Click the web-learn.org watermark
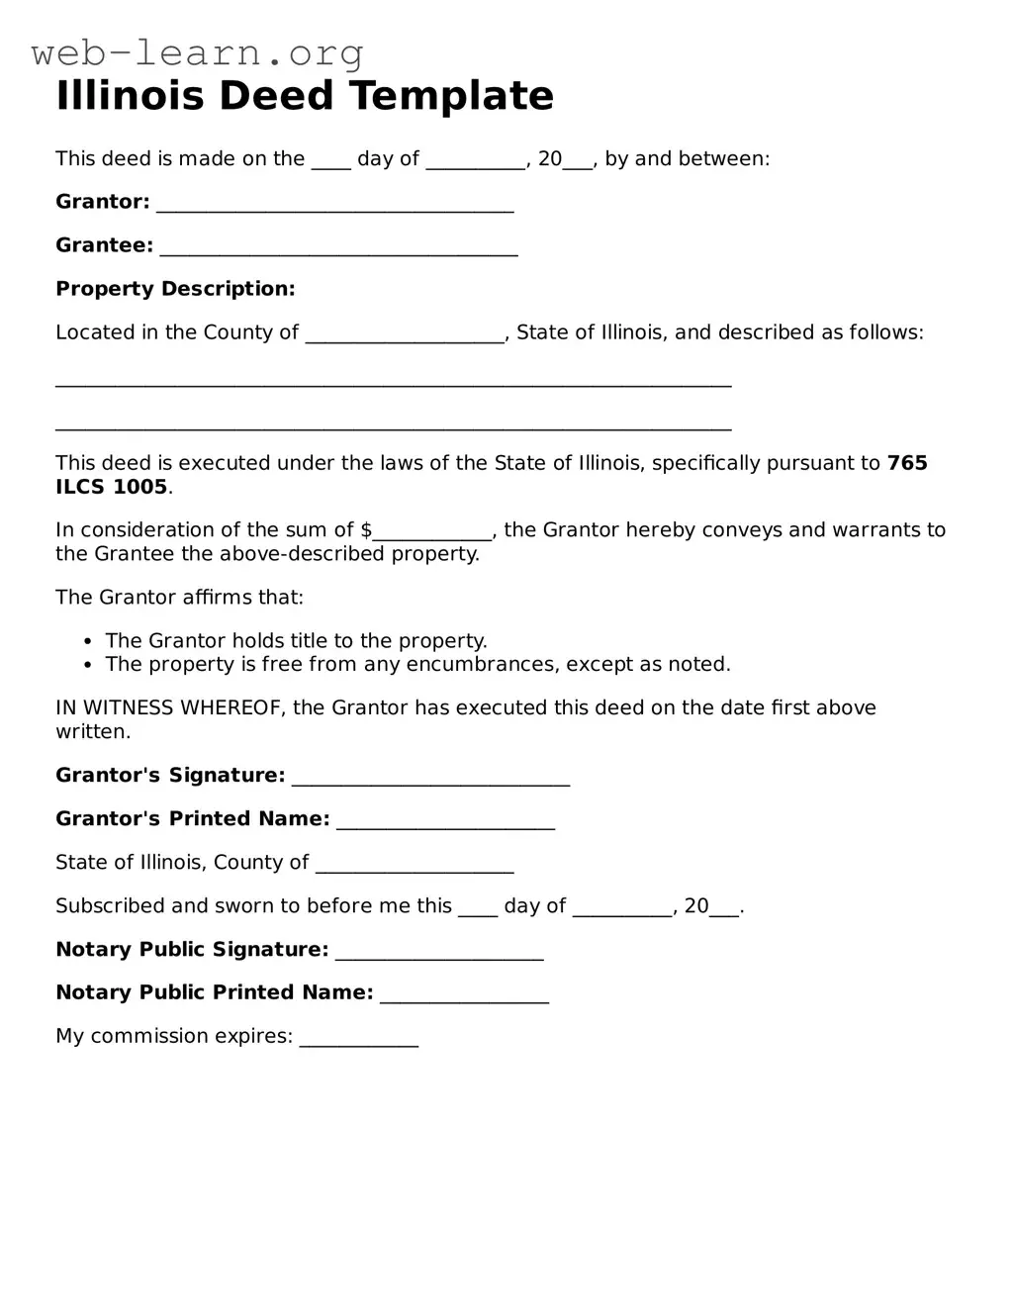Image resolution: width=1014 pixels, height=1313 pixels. [198, 52]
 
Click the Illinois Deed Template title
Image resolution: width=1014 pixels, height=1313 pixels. [305, 96]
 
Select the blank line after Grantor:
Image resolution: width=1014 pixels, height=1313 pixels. [335, 204]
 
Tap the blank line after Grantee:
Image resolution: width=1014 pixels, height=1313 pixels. [338, 247]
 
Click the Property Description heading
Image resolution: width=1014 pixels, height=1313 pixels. [175, 289]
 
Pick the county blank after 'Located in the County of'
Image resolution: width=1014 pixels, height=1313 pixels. [406, 335]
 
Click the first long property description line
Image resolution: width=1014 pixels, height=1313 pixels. [393, 380]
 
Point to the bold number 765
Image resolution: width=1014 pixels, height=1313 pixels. [907, 463]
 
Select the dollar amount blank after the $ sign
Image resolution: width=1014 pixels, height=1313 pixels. [432, 532]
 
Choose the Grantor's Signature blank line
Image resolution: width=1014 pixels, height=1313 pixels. [430, 778]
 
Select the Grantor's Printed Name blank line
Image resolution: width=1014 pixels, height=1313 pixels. [445, 821]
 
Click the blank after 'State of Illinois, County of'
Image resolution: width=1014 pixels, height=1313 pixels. [415, 865]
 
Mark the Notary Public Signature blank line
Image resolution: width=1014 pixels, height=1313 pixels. [439, 952]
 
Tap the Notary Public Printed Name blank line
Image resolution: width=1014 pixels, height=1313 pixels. [464, 995]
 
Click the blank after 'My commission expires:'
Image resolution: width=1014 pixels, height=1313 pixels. [359, 1039]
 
